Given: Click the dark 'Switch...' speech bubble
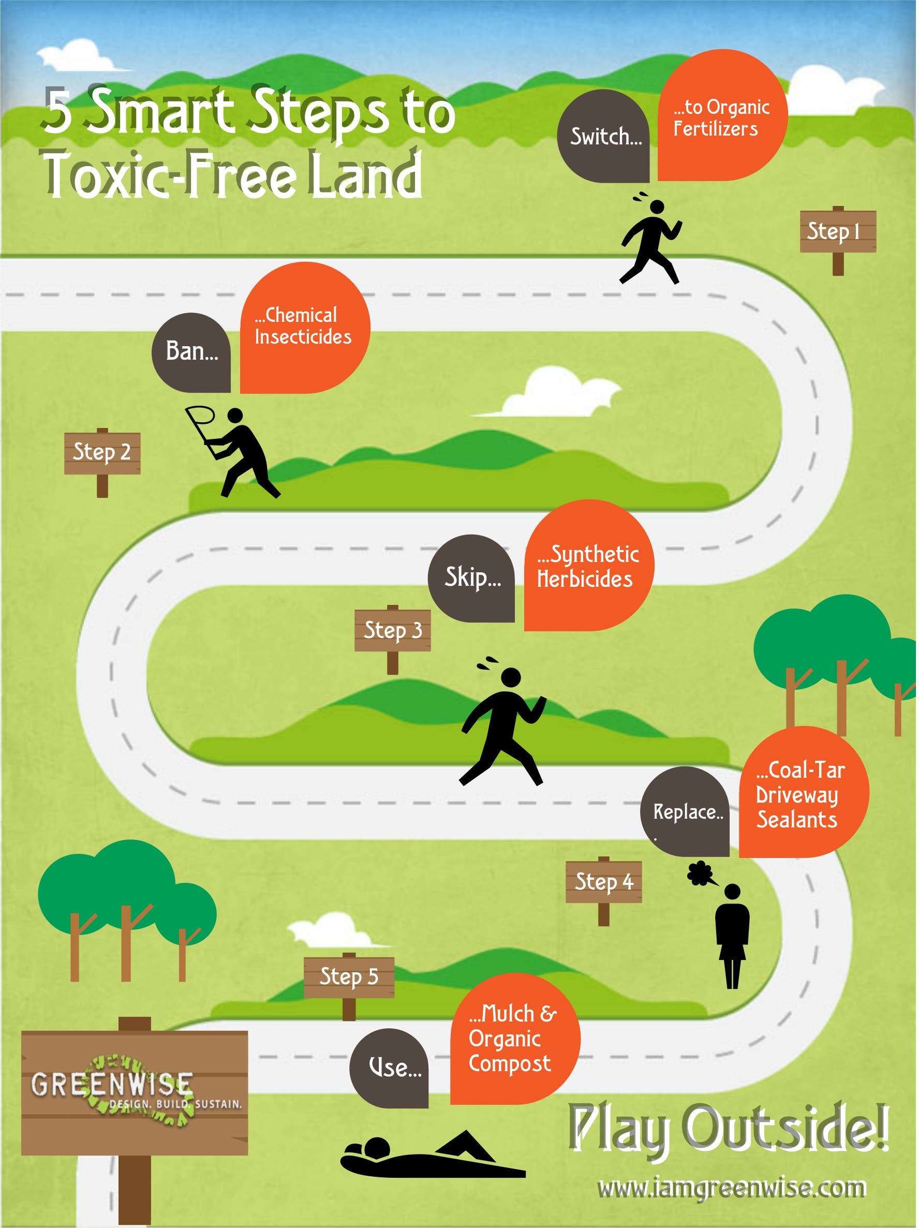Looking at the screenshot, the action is pos(603,137).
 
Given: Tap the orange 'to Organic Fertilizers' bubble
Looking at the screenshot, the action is pos(722,115).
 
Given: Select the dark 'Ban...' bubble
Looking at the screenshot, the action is pos(191,353).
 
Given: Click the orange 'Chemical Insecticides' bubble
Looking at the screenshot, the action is pos(305,328).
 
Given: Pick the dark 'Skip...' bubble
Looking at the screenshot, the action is pos(471,579).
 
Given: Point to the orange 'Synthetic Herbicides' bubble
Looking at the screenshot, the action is pos(589,566).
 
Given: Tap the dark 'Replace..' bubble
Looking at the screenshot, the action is pos(685,811).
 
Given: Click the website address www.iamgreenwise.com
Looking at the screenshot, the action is pos(732,1188).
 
